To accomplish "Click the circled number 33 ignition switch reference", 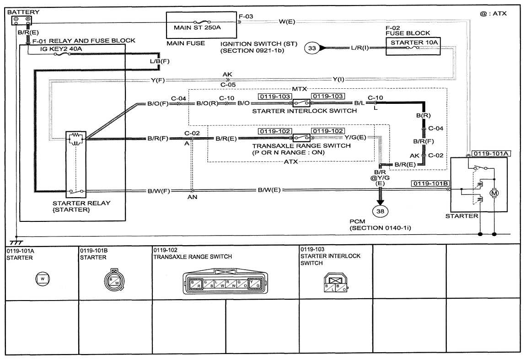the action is (312, 48).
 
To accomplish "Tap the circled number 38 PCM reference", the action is (380, 211).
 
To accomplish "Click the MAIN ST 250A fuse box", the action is (201, 25).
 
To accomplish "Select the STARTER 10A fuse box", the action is (413, 46).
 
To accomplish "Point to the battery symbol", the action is (22, 20).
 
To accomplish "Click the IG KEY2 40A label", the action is (61, 49).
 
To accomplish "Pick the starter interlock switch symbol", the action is (301, 102).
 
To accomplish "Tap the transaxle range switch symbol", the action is (301, 138).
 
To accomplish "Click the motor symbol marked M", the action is (494, 193).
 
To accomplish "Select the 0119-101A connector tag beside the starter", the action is (491, 154).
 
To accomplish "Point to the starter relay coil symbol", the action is (76, 139).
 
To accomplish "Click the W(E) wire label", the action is (287, 22).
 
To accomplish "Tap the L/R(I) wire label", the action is (360, 48).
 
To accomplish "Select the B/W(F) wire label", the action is (159, 191).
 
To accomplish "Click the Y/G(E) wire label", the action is (355, 137).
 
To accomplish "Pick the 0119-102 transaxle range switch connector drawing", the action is (225, 281).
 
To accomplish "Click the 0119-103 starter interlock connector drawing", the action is (336, 283).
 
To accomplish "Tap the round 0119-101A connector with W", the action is (43, 279).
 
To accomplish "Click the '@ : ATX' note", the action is (493, 14).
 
